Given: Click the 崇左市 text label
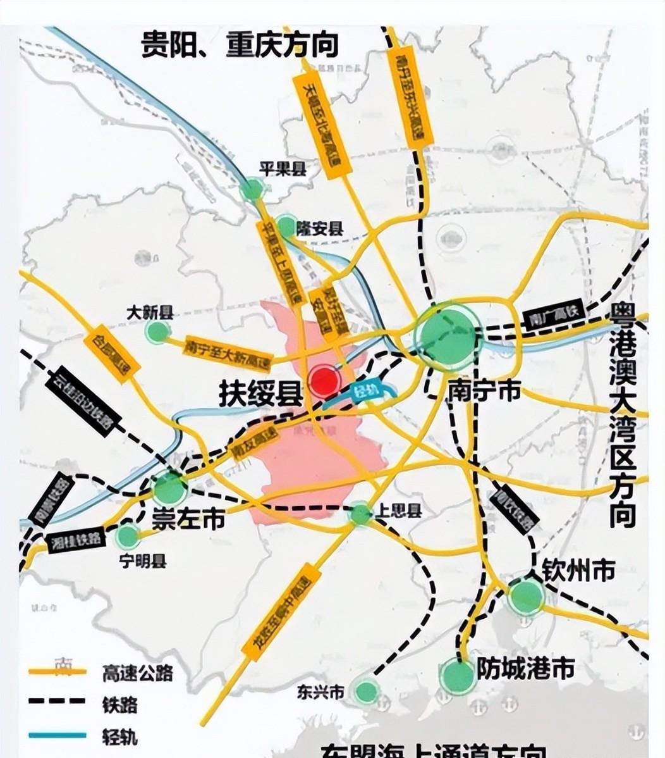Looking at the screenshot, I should point(188,519).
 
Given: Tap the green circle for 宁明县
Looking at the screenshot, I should point(128,537).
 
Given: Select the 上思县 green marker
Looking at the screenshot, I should point(360,514).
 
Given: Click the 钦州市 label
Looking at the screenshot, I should point(578,571).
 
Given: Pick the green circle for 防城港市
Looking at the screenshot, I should point(458,676).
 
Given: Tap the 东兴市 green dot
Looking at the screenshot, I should point(365,691).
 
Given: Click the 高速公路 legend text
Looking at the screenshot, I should point(137,673).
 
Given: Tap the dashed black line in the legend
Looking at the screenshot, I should point(57,702).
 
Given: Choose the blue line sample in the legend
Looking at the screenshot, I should point(57,735).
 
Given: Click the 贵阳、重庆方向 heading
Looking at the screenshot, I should point(240,44).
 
